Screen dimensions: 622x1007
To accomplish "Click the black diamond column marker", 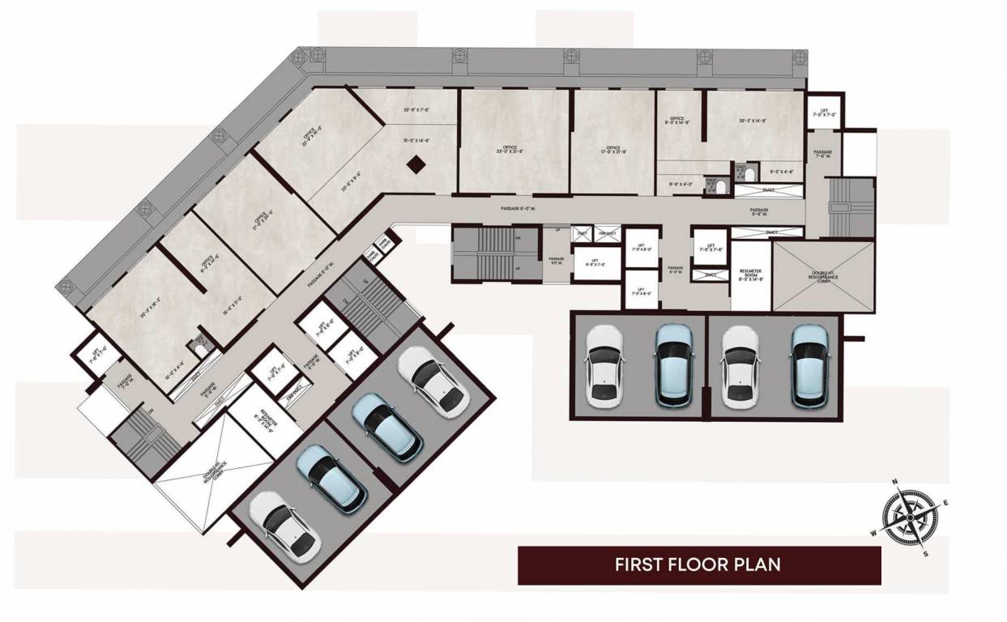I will pyautogui.click(x=416, y=164).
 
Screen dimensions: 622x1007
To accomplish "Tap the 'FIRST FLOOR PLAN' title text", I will pyautogui.click(x=698, y=564).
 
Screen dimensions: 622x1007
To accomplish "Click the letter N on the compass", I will pyautogui.click(x=895, y=482).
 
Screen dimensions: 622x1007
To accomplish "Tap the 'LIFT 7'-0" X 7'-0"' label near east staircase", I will pyautogui.click(x=824, y=114).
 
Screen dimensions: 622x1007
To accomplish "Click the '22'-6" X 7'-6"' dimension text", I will pyautogui.click(x=416, y=109).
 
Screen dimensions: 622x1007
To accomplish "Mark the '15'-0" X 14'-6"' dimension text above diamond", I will pyautogui.click(x=416, y=140).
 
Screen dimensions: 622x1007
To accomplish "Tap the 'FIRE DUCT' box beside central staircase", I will pyautogui.click(x=607, y=233).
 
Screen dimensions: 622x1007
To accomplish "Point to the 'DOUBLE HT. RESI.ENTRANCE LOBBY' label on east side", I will pyautogui.click(x=823, y=276).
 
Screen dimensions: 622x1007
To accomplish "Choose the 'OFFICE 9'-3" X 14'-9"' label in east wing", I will pyautogui.click(x=678, y=121).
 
